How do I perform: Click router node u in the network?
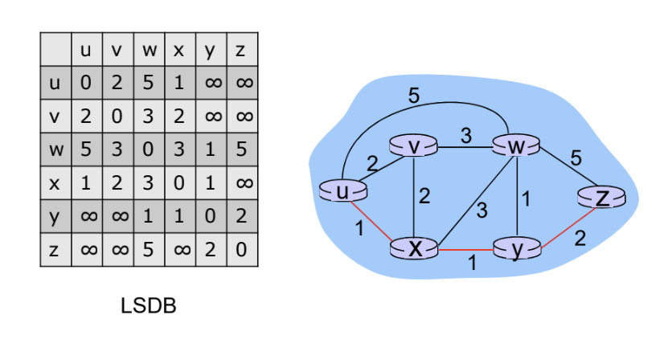click(x=343, y=190)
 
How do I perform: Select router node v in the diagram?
click(x=412, y=147)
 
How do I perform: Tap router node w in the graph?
click(x=515, y=146)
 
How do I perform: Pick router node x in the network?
click(x=413, y=248)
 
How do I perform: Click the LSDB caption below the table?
click(x=148, y=306)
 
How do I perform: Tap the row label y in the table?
click(x=55, y=217)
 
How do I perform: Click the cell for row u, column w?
click(x=148, y=83)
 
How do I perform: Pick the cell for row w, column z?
click(x=242, y=149)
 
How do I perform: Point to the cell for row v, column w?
click(x=148, y=117)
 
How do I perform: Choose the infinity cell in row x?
click(x=242, y=183)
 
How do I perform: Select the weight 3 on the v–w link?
click(x=465, y=135)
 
